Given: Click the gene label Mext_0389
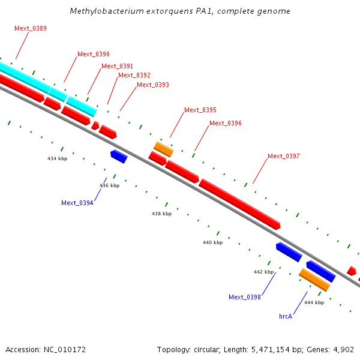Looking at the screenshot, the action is click(31, 28).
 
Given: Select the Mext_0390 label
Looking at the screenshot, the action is click(94, 54).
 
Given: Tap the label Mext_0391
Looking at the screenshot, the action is click(117, 66).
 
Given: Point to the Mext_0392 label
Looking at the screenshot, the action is click(134, 75).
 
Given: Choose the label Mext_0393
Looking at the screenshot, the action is click(153, 85).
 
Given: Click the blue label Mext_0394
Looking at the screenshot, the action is click(77, 203).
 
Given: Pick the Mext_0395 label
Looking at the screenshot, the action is click(200, 110).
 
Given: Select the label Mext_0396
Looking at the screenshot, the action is click(226, 123).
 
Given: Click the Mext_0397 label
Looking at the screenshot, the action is click(283, 156).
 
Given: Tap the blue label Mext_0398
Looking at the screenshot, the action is click(245, 297).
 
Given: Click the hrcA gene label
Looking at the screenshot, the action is click(286, 316).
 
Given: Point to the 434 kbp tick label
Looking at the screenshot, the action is click(58, 158).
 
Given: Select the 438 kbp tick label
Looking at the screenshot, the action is click(161, 214).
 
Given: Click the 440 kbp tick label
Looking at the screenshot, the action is click(212, 242).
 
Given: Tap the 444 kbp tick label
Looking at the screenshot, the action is click(314, 302).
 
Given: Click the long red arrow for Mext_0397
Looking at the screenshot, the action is click(239, 204).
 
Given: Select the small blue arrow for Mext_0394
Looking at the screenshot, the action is click(119, 156).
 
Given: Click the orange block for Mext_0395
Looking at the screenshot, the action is click(163, 149).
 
